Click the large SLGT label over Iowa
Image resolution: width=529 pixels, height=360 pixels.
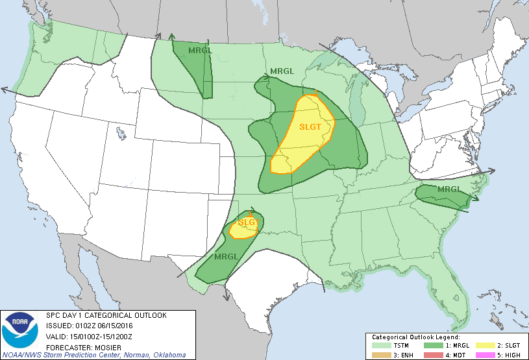click(310, 126)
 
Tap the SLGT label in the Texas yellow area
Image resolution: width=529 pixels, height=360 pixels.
click(247, 222)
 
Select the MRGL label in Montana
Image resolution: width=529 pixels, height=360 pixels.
click(198, 50)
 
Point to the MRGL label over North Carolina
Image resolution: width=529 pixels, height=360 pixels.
click(449, 189)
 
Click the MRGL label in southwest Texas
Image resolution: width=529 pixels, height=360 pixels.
click(225, 256)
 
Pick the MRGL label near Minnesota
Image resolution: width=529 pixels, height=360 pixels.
click(282, 70)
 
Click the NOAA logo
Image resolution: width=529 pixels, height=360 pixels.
click(19, 331)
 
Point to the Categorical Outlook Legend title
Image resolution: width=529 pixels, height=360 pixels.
click(415, 337)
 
